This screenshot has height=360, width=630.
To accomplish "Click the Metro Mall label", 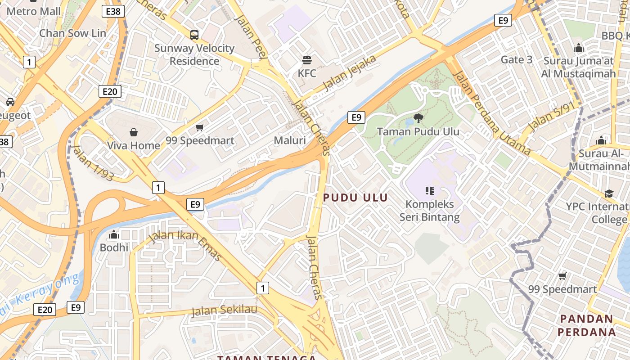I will coord(34,11).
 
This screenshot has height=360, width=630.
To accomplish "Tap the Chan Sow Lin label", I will coord(72,33).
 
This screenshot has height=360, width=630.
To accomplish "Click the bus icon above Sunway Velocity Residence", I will coord(194,35).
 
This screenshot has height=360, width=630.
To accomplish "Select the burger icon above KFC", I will coord(307,60).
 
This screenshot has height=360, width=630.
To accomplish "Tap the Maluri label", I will coord(290,140).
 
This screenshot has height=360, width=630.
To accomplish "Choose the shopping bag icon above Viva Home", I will coord(133,132).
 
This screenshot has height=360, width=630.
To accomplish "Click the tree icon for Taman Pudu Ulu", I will coord(418,118).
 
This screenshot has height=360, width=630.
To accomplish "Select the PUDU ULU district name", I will coord(355,198).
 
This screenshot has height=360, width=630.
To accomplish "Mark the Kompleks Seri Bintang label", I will coord(430,211).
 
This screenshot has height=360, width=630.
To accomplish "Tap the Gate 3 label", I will coord(516,59).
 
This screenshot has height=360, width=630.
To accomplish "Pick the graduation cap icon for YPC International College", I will coord(609,193).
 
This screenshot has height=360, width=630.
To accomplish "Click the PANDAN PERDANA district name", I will coord(587,325).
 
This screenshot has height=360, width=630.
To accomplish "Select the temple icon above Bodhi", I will coord(114,234).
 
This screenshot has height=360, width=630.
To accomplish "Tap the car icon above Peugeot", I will coord(10,102).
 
